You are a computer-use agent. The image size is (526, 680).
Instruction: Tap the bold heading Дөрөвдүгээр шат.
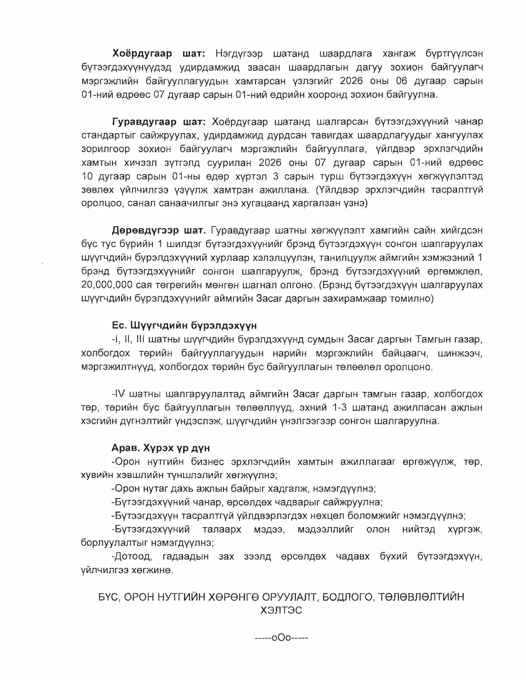pyautogui.click(x=159, y=230)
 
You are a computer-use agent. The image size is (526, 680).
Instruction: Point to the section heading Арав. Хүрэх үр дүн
pyautogui.click(x=160, y=448)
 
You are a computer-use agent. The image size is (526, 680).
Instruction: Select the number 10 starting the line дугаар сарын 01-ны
pyautogui.click(x=88, y=176)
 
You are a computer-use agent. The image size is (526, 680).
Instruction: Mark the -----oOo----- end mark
pyautogui.click(x=281, y=637)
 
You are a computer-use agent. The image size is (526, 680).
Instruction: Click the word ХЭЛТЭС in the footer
pyautogui.click(x=281, y=610)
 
